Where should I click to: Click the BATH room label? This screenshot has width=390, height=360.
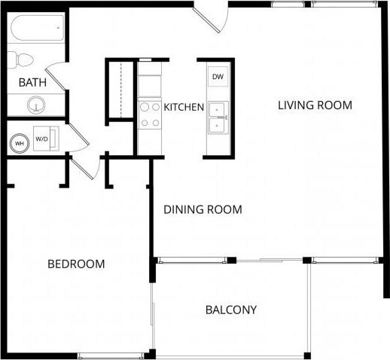tap(32, 82)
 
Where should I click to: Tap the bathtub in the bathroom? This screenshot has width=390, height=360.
tap(37, 29)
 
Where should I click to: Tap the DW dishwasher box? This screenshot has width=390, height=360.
tap(217, 77)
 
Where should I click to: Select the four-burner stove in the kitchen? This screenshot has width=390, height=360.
tap(149, 114)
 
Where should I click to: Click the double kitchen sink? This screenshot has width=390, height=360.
tap(218, 117)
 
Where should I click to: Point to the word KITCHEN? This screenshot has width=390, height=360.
tap(184, 107)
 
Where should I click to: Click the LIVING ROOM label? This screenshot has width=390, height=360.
tap(315, 105)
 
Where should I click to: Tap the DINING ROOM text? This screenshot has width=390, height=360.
tap(203, 209)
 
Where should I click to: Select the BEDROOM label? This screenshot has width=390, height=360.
tap(76, 264)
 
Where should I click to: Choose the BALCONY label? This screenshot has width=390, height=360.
tap(231, 310)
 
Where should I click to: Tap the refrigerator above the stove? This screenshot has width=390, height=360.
tap(149, 80)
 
